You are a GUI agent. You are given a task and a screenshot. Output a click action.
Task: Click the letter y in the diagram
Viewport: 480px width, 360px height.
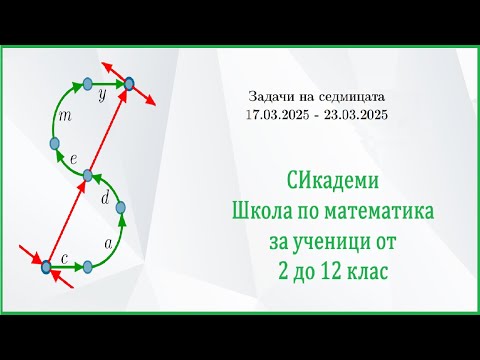tap(102, 98)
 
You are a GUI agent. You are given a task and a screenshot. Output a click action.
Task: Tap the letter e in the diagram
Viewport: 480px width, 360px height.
tap(74, 158)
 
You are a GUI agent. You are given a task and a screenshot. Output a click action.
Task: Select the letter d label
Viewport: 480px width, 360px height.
tap(107, 197)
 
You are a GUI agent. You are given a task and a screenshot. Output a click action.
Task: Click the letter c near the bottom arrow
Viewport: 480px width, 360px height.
tap(64, 258)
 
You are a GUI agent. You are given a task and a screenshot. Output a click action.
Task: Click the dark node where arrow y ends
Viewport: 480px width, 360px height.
tap(130, 85)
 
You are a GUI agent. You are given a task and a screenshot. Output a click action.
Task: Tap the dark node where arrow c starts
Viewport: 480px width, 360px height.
tap(45, 266)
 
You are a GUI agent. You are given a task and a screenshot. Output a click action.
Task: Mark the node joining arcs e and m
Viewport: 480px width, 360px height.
tap(55, 144)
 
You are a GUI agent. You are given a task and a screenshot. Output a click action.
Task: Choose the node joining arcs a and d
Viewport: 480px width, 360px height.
tap(121, 209)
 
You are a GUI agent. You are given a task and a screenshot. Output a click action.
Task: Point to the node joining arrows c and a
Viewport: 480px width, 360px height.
tap(88, 266)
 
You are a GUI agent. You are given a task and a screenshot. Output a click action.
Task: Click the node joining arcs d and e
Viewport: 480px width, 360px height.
tap(87, 175)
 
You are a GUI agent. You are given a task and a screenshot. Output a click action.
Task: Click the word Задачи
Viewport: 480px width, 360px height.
tap(270, 98)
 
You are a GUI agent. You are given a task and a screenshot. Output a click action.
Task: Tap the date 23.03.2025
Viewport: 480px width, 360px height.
tap(356, 115)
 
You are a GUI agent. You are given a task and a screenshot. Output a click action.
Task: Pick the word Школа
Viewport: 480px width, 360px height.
tap(260, 212)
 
